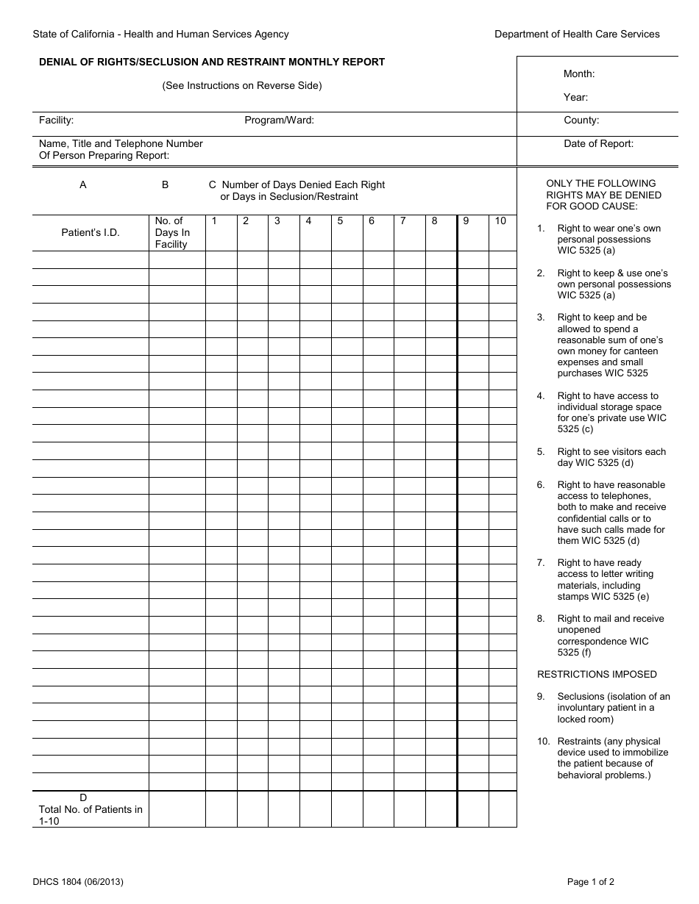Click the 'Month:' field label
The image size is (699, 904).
(579, 73)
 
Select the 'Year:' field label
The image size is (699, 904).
(575, 97)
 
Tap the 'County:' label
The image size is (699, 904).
(581, 121)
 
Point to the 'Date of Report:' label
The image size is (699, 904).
(598, 144)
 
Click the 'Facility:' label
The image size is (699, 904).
(56, 121)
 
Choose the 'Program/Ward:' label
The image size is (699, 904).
(279, 121)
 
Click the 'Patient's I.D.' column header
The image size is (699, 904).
(91, 232)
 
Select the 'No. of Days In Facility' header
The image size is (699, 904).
(172, 232)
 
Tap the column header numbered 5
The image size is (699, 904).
(340, 221)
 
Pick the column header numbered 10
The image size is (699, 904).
(500, 221)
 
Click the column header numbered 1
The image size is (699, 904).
(214, 221)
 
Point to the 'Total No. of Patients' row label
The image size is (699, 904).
(91, 809)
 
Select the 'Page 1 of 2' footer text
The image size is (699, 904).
(591, 881)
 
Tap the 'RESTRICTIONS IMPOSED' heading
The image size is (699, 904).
(597, 675)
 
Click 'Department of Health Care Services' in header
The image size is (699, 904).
(577, 34)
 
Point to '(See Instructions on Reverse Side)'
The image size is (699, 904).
(242, 85)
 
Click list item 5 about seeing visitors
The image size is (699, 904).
(611, 457)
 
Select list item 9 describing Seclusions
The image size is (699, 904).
(613, 708)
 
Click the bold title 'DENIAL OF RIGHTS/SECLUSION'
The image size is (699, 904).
(212, 62)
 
